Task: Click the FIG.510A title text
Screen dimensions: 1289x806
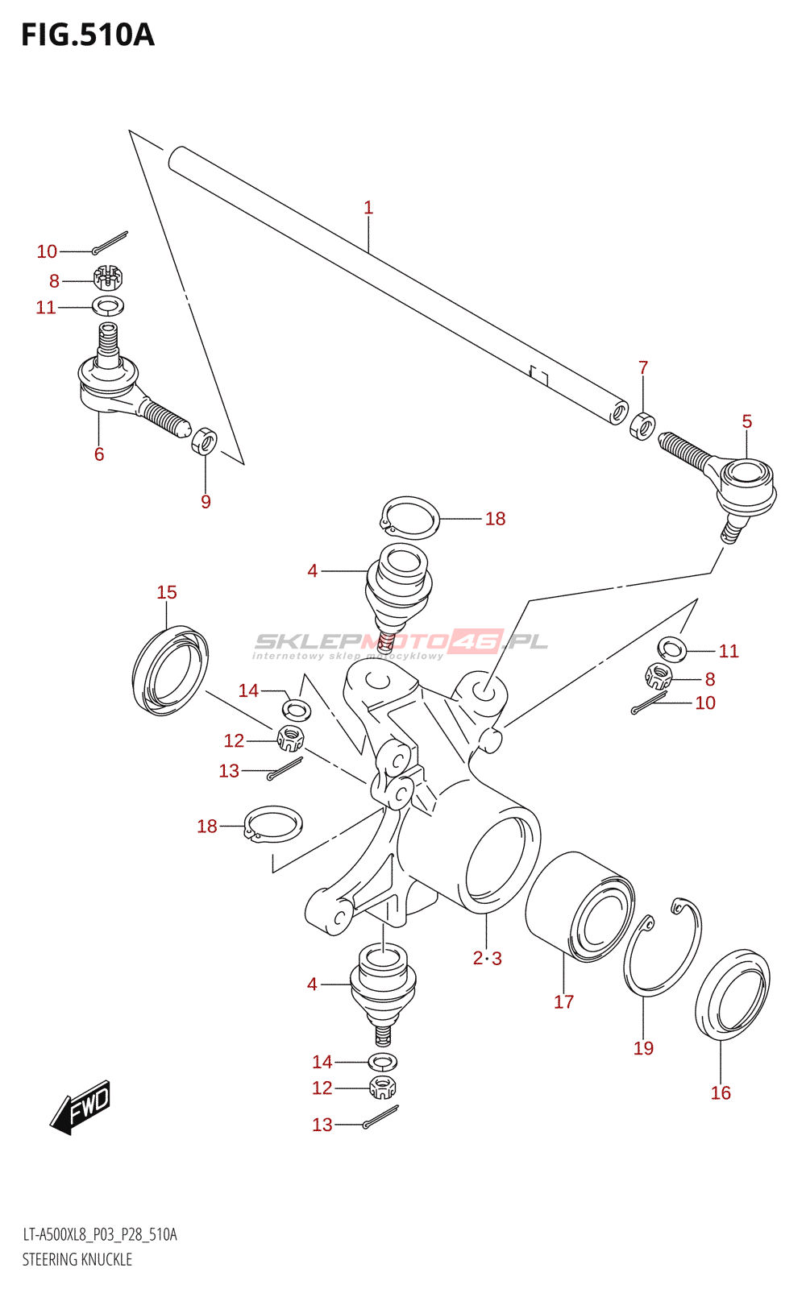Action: [x=87, y=35]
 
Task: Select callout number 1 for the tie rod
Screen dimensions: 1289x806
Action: [x=368, y=208]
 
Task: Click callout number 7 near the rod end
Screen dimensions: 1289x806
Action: [x=643, y=368]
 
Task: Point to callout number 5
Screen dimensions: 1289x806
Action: [x=747, y=421]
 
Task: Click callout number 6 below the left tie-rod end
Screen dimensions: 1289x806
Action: [x=99, y=454]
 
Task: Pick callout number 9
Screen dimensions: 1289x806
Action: [x=206, y=502]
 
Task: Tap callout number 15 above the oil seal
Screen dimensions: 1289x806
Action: [x=167, y=593]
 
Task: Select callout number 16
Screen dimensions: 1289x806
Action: [x=721, y=1093]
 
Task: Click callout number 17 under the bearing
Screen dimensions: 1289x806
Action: [x=563, y=1002]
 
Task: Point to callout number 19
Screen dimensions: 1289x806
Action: [x=643, y=1049]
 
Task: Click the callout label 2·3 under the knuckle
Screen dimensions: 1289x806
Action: [x=488, y=959]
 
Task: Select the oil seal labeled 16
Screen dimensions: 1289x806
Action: [x=733, y=995]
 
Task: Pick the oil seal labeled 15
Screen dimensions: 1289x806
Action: [x=170, y=670]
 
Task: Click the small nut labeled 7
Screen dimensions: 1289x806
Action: [x=642, y=425]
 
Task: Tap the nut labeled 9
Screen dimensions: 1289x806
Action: [x=205, y=441]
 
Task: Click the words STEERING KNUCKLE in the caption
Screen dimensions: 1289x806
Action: [x=77, y=1259]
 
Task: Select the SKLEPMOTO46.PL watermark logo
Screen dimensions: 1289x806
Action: [x=401, y=643]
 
